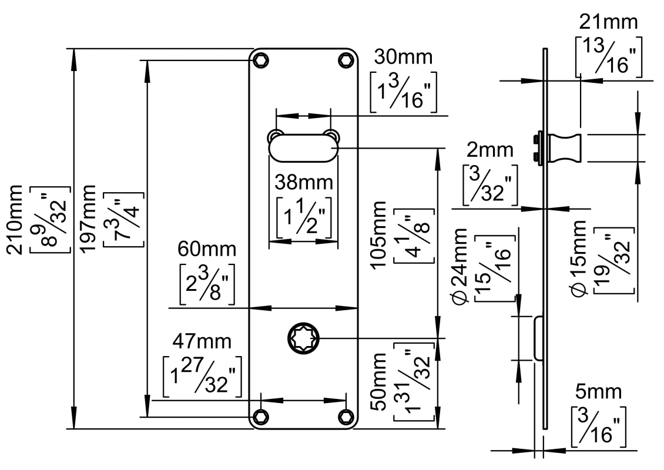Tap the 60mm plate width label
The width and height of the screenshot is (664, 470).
[x=202, y=249]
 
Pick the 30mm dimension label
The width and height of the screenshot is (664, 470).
[x=404, y=58]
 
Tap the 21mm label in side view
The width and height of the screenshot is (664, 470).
[x=608, y=23]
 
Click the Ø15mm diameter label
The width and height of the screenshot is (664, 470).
[x=579, y=258]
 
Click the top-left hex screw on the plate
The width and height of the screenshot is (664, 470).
[x=260, y=59]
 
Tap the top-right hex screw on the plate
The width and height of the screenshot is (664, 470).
[x=347, y=59]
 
